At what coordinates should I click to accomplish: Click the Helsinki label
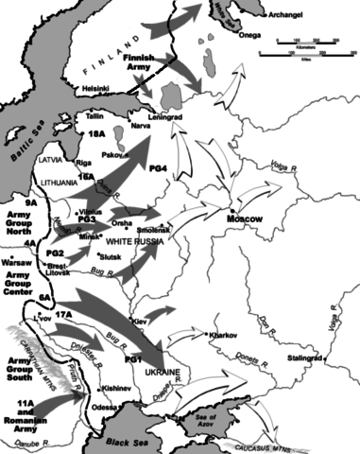96,89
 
